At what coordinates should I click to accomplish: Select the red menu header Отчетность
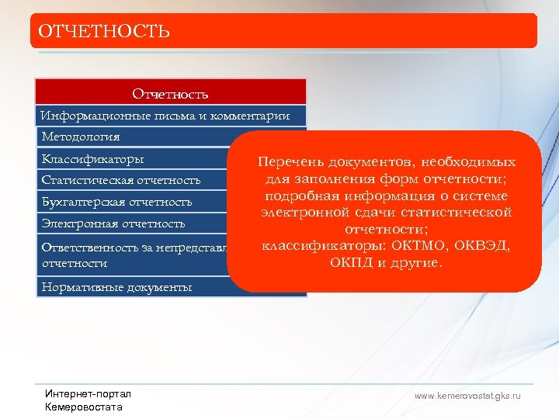click(x=170, y=94)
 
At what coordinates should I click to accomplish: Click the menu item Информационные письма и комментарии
click(x=165, y=116)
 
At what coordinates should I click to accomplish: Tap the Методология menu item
click(x=81, y=137)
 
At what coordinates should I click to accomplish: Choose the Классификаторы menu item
click(x=92, y=159)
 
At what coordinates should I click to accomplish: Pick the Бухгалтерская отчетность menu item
click(x=116, y=202)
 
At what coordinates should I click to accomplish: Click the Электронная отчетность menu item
click(x=113, y=223)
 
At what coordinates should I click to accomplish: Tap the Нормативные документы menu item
click(x=116, y=287)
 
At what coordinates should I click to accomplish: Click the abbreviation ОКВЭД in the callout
click(x=481, y=246)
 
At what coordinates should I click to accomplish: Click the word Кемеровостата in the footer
click(x=84, y=407)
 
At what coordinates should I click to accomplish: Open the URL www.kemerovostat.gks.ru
click(x=467, y=396)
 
